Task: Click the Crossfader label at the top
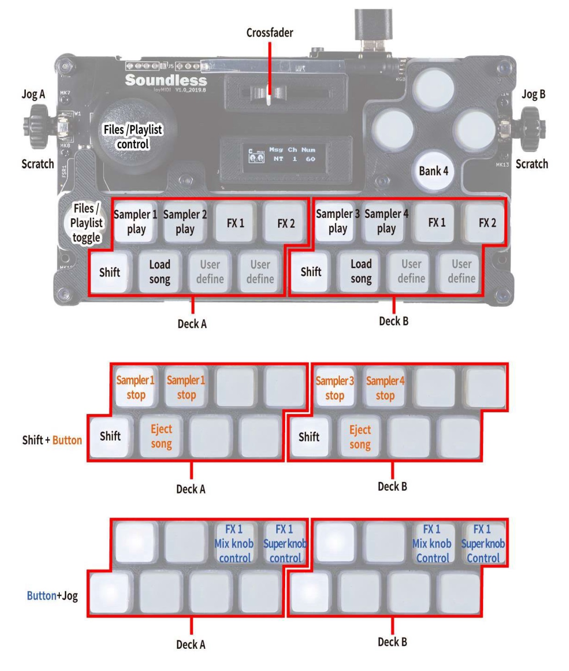click(269, 32)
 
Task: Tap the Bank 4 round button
click(433, 171)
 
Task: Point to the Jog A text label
click(33, 94)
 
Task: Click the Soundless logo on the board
click(166, 80)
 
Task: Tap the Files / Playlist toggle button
click(86, 223)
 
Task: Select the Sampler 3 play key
click(338, 222)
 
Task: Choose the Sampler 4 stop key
click(385, 388)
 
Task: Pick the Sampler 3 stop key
click(334, 388)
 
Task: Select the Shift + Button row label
click(52, 440)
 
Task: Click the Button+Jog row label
click(52, 595)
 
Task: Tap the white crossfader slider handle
click(269, 95)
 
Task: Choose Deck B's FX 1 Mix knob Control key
click(432, 543)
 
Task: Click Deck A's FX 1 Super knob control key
click(285, 543)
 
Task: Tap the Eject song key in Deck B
click(360, 437)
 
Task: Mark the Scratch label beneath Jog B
click(531, 164)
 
